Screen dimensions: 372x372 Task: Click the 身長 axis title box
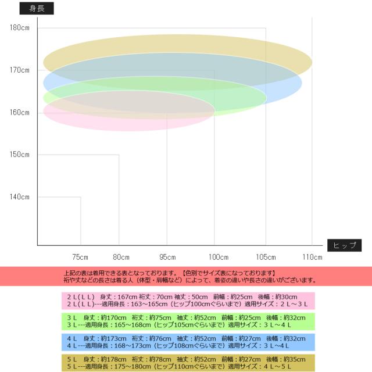(37, 8)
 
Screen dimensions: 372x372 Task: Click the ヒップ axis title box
(344, 245)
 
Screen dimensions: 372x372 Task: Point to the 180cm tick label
(19, 28)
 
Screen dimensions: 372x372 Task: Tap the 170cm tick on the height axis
(19, 70)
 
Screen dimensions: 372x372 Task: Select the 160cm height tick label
(19, 113)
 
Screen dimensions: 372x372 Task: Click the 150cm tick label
(19, 155)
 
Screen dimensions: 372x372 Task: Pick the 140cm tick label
(19, 197)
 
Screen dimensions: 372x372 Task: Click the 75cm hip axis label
(80, 257)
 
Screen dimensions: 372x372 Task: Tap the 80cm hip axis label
(121, 257)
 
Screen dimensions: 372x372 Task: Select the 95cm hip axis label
(167, 257)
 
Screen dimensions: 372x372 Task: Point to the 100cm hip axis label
(219, 257)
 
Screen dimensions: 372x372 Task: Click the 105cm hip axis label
(266, 257)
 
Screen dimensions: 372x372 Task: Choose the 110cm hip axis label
(312, 257)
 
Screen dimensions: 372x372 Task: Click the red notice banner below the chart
(186, 276)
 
